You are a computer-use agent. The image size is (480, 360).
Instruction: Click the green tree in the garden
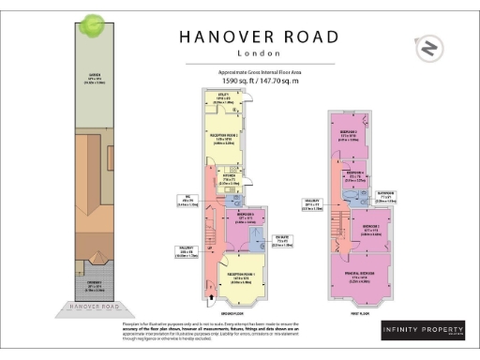[93, 25]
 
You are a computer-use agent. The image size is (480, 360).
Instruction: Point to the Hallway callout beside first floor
[311, 204]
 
